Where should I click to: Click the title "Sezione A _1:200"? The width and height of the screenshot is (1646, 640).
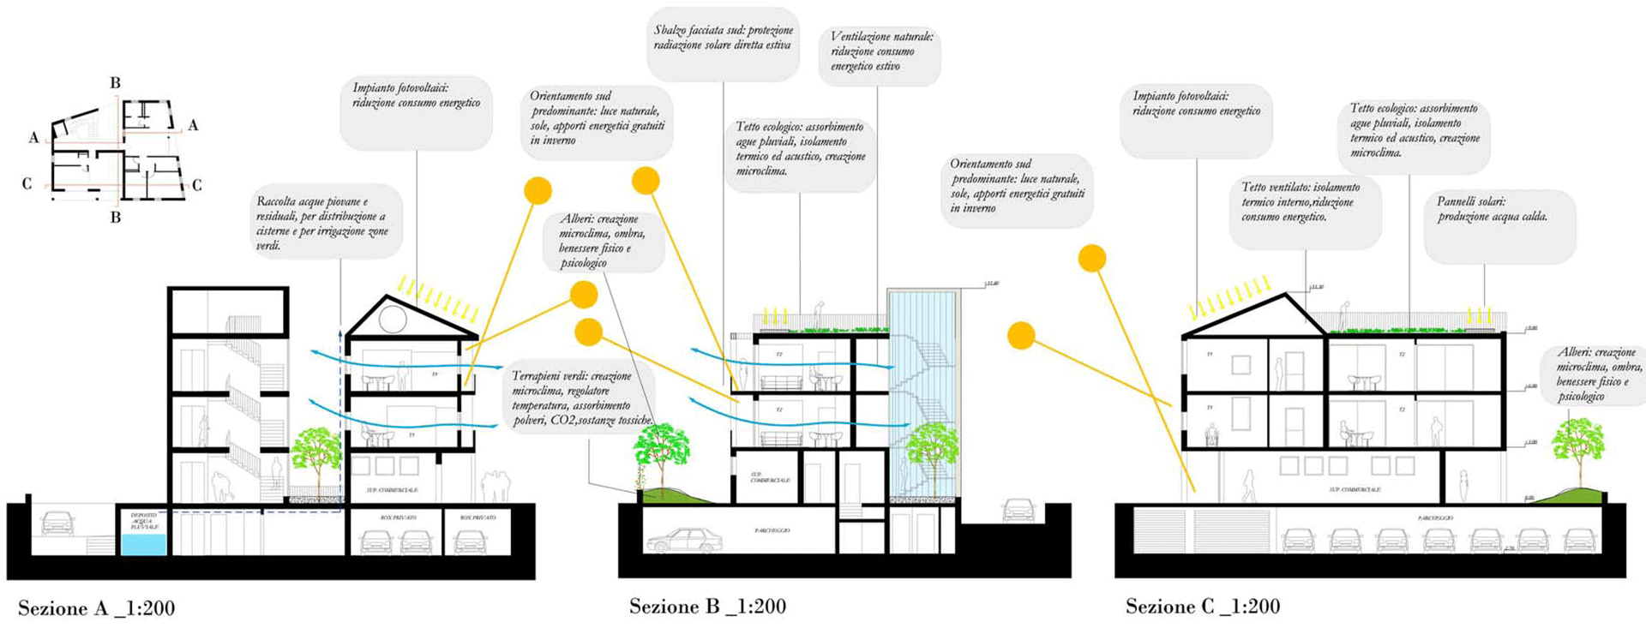(97, 608)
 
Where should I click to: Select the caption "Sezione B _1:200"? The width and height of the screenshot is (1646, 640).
(707, 607)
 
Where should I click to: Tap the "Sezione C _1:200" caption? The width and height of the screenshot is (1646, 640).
(1202, 607)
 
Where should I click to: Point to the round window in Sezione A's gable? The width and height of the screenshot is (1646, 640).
(393, 319)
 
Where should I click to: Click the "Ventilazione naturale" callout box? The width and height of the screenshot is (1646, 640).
(880, 52)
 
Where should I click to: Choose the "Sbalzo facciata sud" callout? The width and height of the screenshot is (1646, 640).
(724, 39)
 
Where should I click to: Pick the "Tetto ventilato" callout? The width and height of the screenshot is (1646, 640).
(1305, 202)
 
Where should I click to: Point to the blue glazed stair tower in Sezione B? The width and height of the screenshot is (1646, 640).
(922, 394)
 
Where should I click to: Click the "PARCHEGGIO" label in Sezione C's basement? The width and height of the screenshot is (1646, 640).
(1435, 518)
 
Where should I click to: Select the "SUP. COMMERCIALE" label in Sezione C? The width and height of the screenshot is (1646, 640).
(1355, 489)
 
